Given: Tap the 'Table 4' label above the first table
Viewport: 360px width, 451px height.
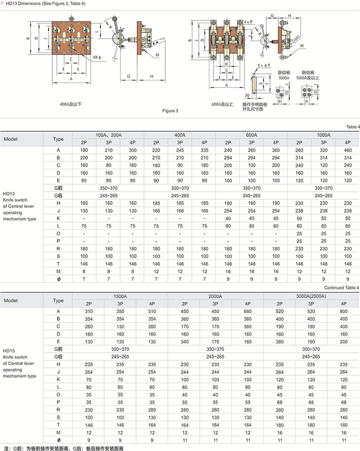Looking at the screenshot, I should click(352, 127).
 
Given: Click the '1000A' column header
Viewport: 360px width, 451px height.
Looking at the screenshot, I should click(324, 134).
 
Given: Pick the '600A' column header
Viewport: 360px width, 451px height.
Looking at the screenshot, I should click(252, 134).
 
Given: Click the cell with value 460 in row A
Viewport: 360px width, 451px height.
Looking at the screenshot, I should click(347, 150).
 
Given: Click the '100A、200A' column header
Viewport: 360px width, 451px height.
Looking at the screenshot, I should click(108, 134).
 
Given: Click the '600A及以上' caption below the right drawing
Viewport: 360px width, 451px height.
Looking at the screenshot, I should click(222, 104).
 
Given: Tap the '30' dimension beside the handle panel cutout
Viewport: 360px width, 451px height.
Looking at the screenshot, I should click(247, 95).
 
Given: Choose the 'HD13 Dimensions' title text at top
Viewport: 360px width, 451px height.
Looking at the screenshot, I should click(43, 4).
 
